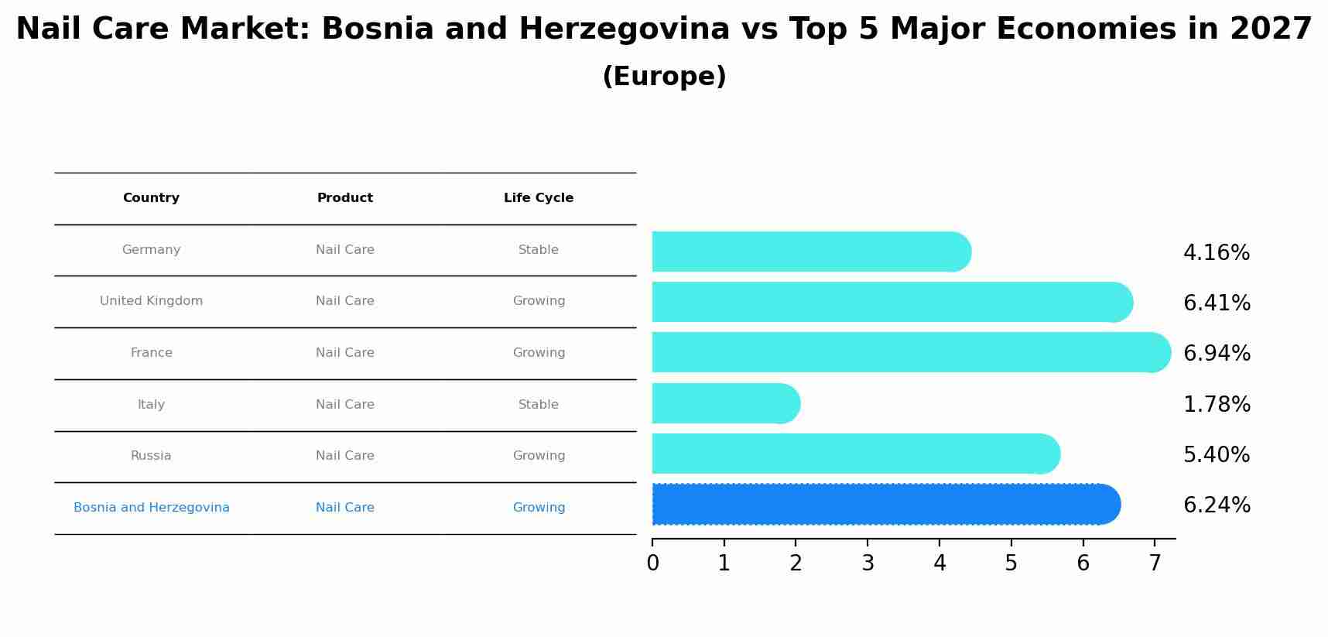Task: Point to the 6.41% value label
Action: point(1217,303)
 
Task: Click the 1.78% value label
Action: point(1217,404)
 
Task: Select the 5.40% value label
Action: point(1217,454)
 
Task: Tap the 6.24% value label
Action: point(1217,505)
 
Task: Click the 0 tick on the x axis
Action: point(652,563)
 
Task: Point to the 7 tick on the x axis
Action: point(1155,563)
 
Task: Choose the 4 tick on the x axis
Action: point(940,563)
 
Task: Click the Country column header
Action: point(151,198)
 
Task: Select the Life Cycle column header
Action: point(539,198)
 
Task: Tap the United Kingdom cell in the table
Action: point(151,301)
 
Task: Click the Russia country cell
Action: point(151,456)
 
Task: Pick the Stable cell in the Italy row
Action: point(539,404)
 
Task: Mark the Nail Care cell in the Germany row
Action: point(345,250)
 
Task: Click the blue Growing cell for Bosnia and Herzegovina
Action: point(539,508)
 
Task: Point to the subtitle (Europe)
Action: point(664,77)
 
